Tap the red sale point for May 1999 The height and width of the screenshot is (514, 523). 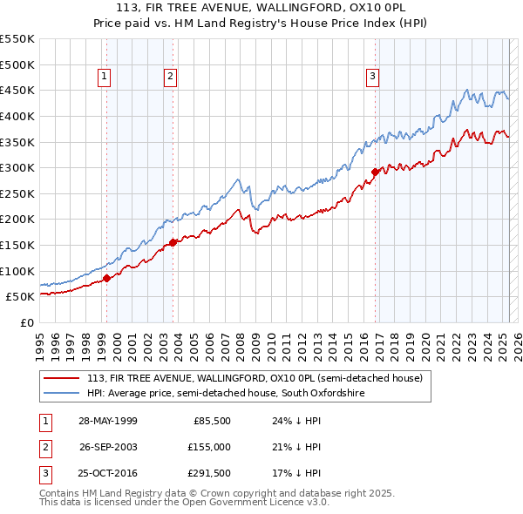(x=107, y=278)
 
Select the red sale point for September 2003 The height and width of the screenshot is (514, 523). (x=173, y=242)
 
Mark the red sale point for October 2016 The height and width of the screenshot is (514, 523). (x=376, y=172)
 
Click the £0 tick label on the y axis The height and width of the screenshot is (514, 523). (x=28, y=322)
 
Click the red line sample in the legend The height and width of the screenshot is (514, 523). (x=62, y=378)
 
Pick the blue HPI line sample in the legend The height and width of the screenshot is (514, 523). (x=62, y=394)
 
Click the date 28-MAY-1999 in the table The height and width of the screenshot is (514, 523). (x=107, y=421)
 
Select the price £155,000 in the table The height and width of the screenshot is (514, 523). (x=208, y=447)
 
